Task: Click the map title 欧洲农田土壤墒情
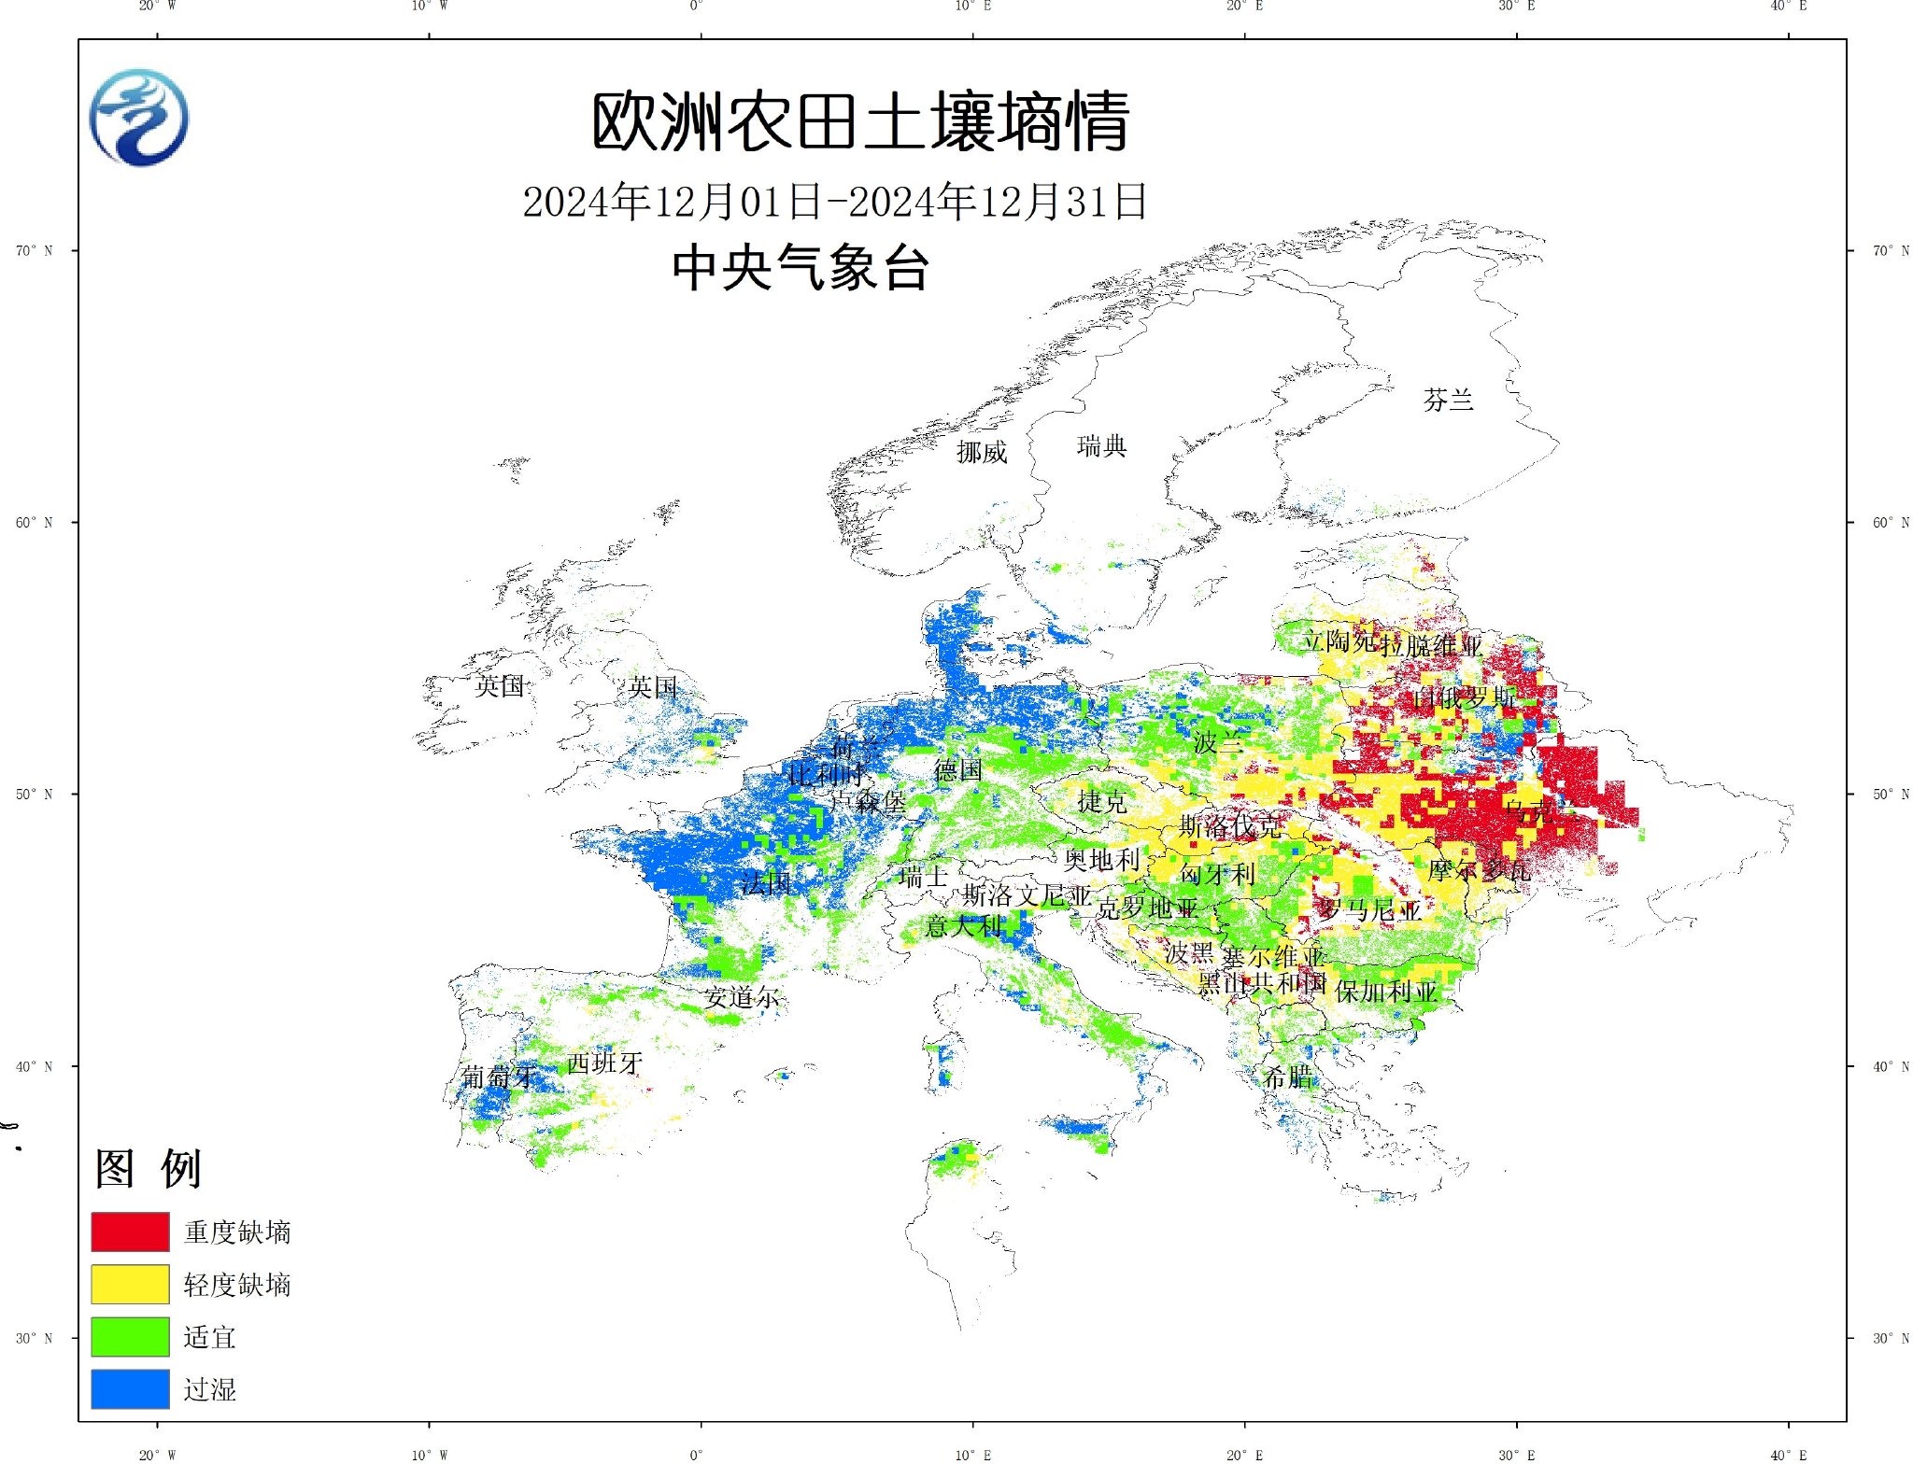[x=860, y=122]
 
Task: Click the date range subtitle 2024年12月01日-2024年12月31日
[x=834, y=202]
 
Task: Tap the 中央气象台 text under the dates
[x=801, y=268]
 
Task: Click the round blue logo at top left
[x=139, y=118]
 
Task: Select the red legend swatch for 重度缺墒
[x=130, y=1232]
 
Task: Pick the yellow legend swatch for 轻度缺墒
[x=130, y=1284]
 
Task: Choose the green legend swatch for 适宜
[x=130, y=1336]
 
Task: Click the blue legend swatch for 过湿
[x=130, y=1388]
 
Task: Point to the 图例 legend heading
[x=148, y=1168]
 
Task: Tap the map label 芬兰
[x=1448, y=401]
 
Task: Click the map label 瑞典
[x=1101, y=446]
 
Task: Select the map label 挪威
[x=982, y=453]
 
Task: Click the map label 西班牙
[x=604, y=1063]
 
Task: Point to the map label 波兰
[x=1218, y=743]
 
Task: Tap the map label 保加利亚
[x=1385, y=992]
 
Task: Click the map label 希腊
[x=1287, y=1077]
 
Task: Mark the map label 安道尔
[x=742, y=997]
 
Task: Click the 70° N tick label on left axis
[x=34, y=250]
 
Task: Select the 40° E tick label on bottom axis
[x=1788, y=1455]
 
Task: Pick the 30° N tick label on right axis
[x=1890, y=1338]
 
